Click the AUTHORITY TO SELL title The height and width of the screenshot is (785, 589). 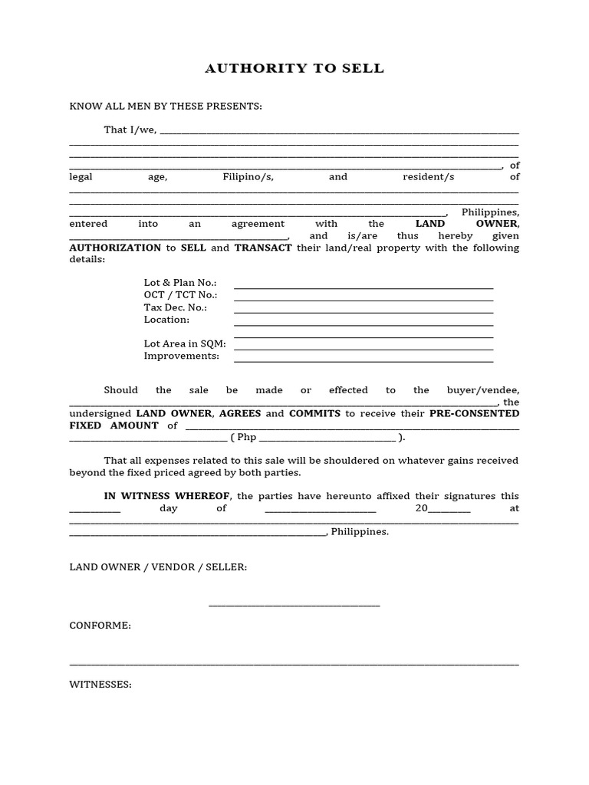point(294,69)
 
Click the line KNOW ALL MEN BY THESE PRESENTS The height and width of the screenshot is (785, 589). point(166,106)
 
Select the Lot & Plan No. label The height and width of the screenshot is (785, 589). point(180,283)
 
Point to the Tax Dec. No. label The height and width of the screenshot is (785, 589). point(176,307)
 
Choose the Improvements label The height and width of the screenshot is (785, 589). point(182,356)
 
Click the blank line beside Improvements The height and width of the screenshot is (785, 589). point(363,361)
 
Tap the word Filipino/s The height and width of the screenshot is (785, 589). point(248,176)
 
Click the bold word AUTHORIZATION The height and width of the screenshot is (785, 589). point(115,248)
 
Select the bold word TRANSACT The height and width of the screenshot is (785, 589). point(263,248)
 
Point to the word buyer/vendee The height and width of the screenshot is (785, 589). point(488,389)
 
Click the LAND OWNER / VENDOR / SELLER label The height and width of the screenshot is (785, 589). point(158,567)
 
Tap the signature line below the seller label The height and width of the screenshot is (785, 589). point(294,606)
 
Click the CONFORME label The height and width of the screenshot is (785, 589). point(100,626)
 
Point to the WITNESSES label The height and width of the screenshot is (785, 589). point(100,685)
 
